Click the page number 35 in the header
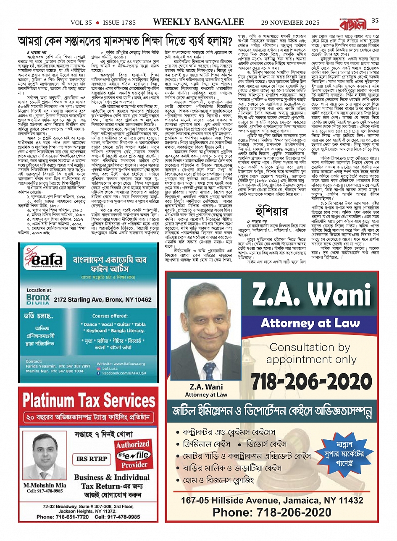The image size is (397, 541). (375, 21)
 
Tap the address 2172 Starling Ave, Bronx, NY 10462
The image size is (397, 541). (103, 300)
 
